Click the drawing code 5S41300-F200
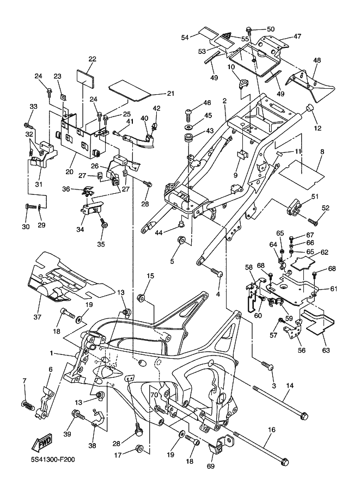pos(53,459)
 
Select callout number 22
pos(92,59)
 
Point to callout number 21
pos(170,94)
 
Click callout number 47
pos(297,36)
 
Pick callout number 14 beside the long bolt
pos(290,385)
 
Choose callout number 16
pos(271,428)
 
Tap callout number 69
pos(211,466)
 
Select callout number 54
pos(185,37)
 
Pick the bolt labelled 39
pos(77,416)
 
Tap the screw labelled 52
pos(314,222)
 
